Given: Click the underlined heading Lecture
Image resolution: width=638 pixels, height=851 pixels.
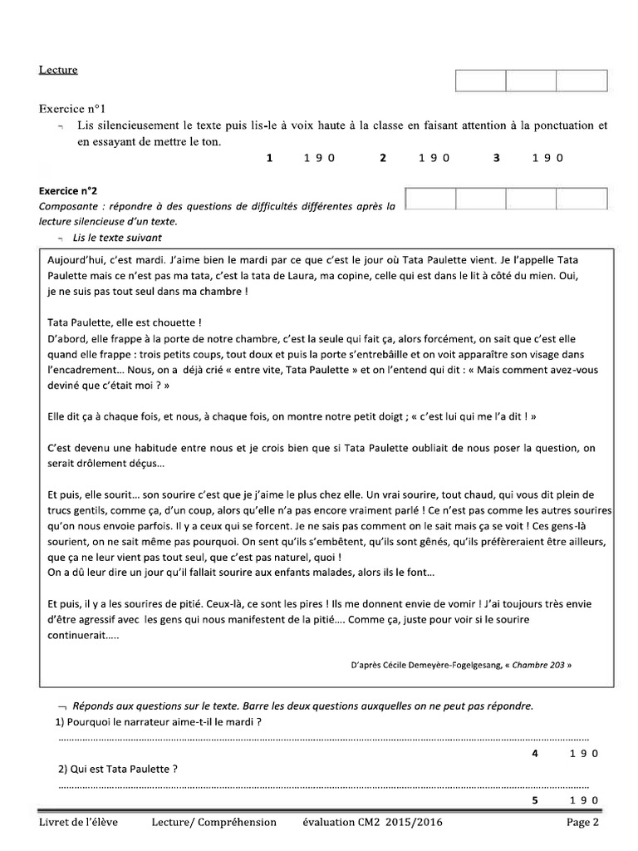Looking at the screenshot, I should click(57, 70).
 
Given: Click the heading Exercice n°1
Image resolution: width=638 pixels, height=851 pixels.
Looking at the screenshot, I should click(73, 109).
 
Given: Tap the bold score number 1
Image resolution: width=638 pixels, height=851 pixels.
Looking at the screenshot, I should click(269, 158).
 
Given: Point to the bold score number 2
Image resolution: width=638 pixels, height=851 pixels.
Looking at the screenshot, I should click(383, 158).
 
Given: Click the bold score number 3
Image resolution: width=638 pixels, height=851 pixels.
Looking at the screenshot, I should click(497, 158).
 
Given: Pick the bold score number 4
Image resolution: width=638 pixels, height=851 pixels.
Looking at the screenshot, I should click(535, 754).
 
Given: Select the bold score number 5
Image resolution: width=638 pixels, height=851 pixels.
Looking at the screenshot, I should click(535, 800).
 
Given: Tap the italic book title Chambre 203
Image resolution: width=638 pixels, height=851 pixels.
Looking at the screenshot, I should click(539, 665).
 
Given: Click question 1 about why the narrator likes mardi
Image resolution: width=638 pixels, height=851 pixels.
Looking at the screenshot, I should click(158, 722).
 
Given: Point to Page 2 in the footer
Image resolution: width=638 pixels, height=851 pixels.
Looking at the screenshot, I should click(582, 823).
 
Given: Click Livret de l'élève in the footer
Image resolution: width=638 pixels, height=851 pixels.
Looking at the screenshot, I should click(78, 823).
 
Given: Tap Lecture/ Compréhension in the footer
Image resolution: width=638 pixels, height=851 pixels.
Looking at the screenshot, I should click(214, 823).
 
